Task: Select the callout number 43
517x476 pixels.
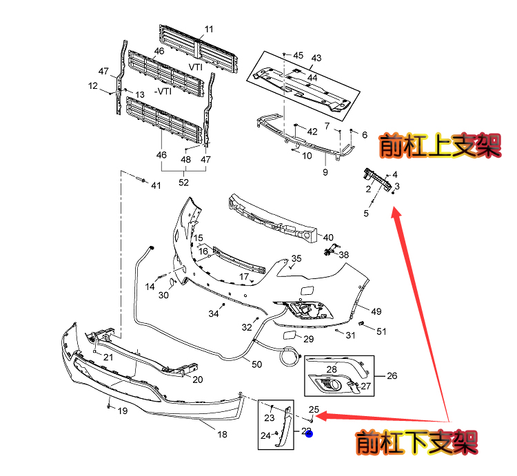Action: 316,58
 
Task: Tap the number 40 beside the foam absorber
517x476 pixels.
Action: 328,238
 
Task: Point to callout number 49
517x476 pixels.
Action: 376,311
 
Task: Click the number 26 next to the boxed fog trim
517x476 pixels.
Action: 392,376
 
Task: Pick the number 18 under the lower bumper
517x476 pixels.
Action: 222,434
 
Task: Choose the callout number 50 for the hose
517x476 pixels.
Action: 256,364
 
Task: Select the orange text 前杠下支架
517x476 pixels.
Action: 416,442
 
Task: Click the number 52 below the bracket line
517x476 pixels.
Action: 183,182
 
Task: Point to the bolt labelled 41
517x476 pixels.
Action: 140,181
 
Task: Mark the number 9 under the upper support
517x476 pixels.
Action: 325,172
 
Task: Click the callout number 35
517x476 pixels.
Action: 296,259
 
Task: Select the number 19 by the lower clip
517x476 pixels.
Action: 122,411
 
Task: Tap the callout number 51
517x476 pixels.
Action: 381,331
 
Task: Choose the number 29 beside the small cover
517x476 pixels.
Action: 308,339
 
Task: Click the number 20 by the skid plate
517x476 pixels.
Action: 197,380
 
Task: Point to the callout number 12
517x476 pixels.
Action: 93,86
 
